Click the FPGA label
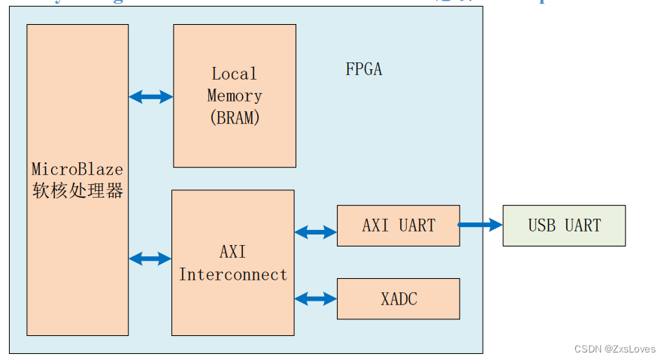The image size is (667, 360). coord(364,69)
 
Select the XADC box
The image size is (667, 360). coord(398,298)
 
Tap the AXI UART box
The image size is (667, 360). coord(398,225)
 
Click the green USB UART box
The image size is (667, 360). coord(564,225)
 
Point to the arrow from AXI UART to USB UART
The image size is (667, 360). coord(481,224)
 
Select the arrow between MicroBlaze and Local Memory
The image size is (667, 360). coord(150,96)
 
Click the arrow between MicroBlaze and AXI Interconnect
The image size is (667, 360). coord(150,259)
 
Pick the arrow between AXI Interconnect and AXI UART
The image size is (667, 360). coord(315,232)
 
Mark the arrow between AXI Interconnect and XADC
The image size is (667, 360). coord(315,298)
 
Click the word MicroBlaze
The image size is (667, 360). coord(77,169)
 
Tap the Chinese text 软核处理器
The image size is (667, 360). coord(77,191)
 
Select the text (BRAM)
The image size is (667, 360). coord(234,118)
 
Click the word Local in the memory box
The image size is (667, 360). coord(234,74)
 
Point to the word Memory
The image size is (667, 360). coord(234,96)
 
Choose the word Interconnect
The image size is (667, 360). coord(233,274)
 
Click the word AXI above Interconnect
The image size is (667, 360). coord(233,252)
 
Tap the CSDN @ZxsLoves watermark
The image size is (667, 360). coord(614,349)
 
